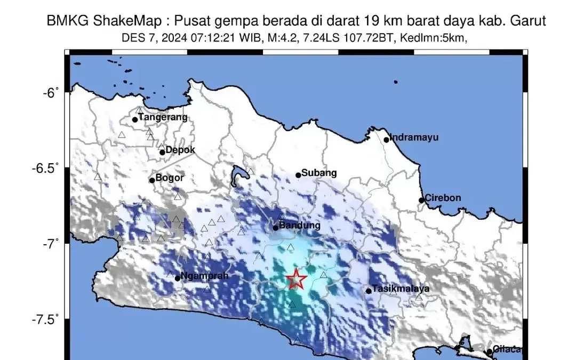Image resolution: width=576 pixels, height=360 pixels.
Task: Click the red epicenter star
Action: (x=296, y=279)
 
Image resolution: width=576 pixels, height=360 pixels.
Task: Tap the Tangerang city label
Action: (x=163, y=117)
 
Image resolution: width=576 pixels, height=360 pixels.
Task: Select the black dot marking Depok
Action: (x=162, y=152)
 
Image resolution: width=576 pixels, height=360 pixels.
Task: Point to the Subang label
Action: (x=319, y=173)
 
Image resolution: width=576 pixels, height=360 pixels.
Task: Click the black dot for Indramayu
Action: (x=387, y=140)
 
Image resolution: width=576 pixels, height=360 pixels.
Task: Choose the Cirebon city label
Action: (x=443, y=198)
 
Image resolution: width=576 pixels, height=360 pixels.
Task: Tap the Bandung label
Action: (x=300, y=226)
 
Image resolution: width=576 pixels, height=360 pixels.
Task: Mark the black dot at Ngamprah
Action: (x=178, y=278)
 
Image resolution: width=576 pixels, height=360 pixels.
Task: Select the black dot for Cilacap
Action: (x=489, y=351)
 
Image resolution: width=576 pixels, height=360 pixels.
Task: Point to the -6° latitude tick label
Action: (x=50, y=93)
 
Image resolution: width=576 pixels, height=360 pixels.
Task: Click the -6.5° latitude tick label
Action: (x=46, y=169)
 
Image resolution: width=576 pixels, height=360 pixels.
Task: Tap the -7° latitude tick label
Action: (x=50, y=244)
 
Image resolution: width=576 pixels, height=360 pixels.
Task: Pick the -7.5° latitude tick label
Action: (x=46, y=319)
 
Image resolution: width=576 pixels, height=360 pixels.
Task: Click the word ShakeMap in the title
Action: (x=118, y=21)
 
